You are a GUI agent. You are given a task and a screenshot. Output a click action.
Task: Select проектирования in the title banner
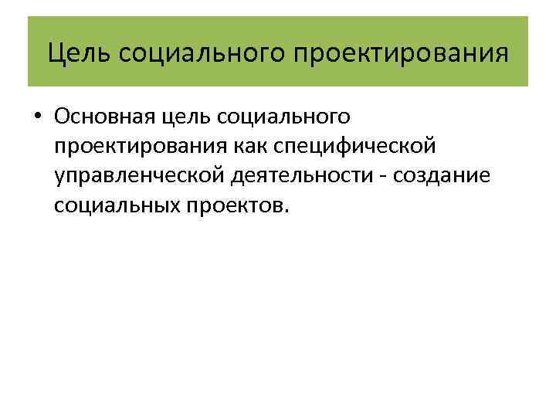point(401,53)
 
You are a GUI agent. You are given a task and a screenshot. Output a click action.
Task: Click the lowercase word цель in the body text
point(189,117)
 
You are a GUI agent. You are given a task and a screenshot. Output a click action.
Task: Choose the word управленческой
point(140,176)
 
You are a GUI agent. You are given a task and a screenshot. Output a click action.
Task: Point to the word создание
point(442,176)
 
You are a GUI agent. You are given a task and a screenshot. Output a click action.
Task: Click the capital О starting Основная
point(63,117)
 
